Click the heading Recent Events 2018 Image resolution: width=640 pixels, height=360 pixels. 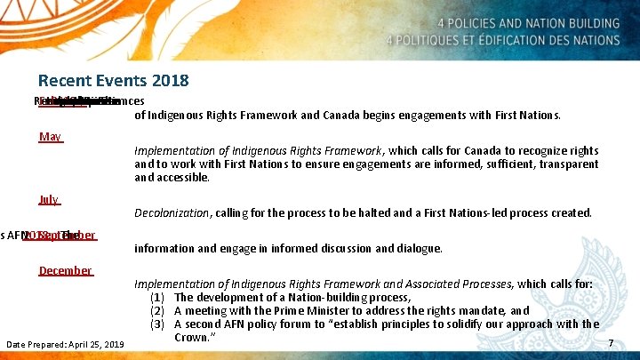click(113, 81)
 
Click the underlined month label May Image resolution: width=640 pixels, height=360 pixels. click(50, 137)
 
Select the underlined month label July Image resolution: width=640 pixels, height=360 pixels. click(49, 200)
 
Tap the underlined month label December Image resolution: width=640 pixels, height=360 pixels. click(65, 270)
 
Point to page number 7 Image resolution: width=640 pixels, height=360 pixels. click(610, 343)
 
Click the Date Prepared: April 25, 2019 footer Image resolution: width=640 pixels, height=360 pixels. click(65, 344)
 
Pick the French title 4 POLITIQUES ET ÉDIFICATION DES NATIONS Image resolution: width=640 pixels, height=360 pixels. click(500, 40)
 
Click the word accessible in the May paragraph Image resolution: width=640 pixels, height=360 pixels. click(185, 178)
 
